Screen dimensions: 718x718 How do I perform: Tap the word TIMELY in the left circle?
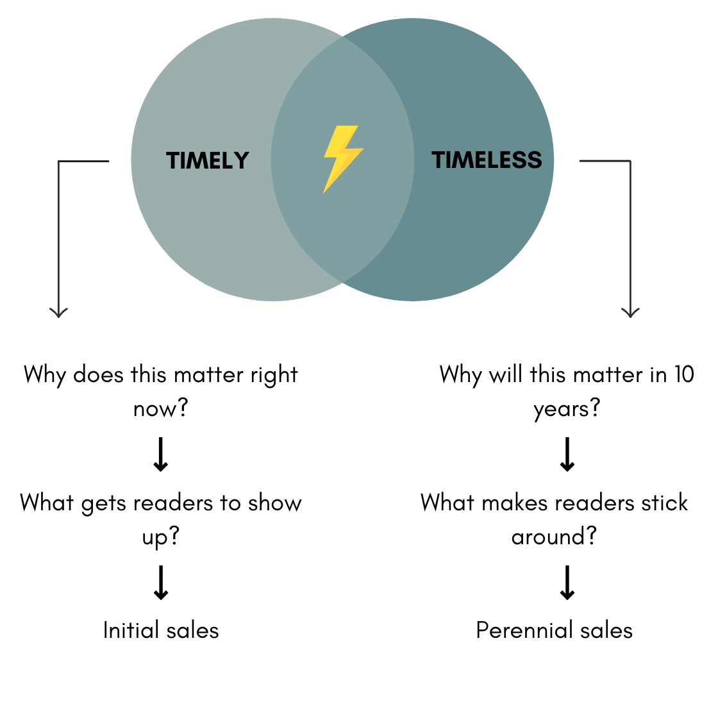point(208,160)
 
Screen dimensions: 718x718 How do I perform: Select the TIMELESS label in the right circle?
point(487,160)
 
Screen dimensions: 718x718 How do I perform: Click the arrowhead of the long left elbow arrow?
point(59,312)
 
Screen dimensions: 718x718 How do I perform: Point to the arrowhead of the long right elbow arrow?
point(631,312)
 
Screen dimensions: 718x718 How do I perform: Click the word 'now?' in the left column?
point(160,408)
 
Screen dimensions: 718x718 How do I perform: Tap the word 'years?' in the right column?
point(567,408)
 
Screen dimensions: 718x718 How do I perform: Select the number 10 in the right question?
point(683,374)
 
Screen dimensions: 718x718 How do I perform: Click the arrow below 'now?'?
point(161,455)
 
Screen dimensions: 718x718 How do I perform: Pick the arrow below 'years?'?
point(567,455)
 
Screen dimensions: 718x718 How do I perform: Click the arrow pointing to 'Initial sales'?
point(161,582)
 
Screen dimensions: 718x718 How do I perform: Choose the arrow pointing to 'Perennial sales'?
point(567,582)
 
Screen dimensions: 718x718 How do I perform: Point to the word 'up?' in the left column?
point(160,537)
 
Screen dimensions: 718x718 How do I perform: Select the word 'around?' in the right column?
point(554,537)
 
